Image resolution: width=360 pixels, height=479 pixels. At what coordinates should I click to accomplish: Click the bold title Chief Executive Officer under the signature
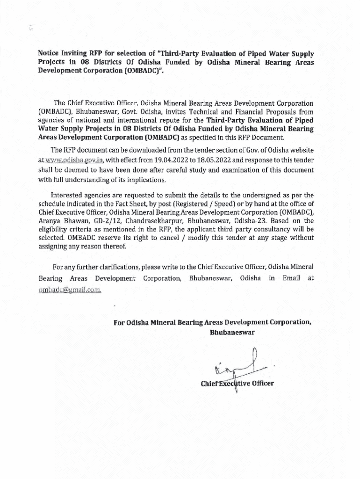(237, 384)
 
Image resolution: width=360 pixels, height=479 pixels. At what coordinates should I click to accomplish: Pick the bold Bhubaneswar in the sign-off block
(232, 333)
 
